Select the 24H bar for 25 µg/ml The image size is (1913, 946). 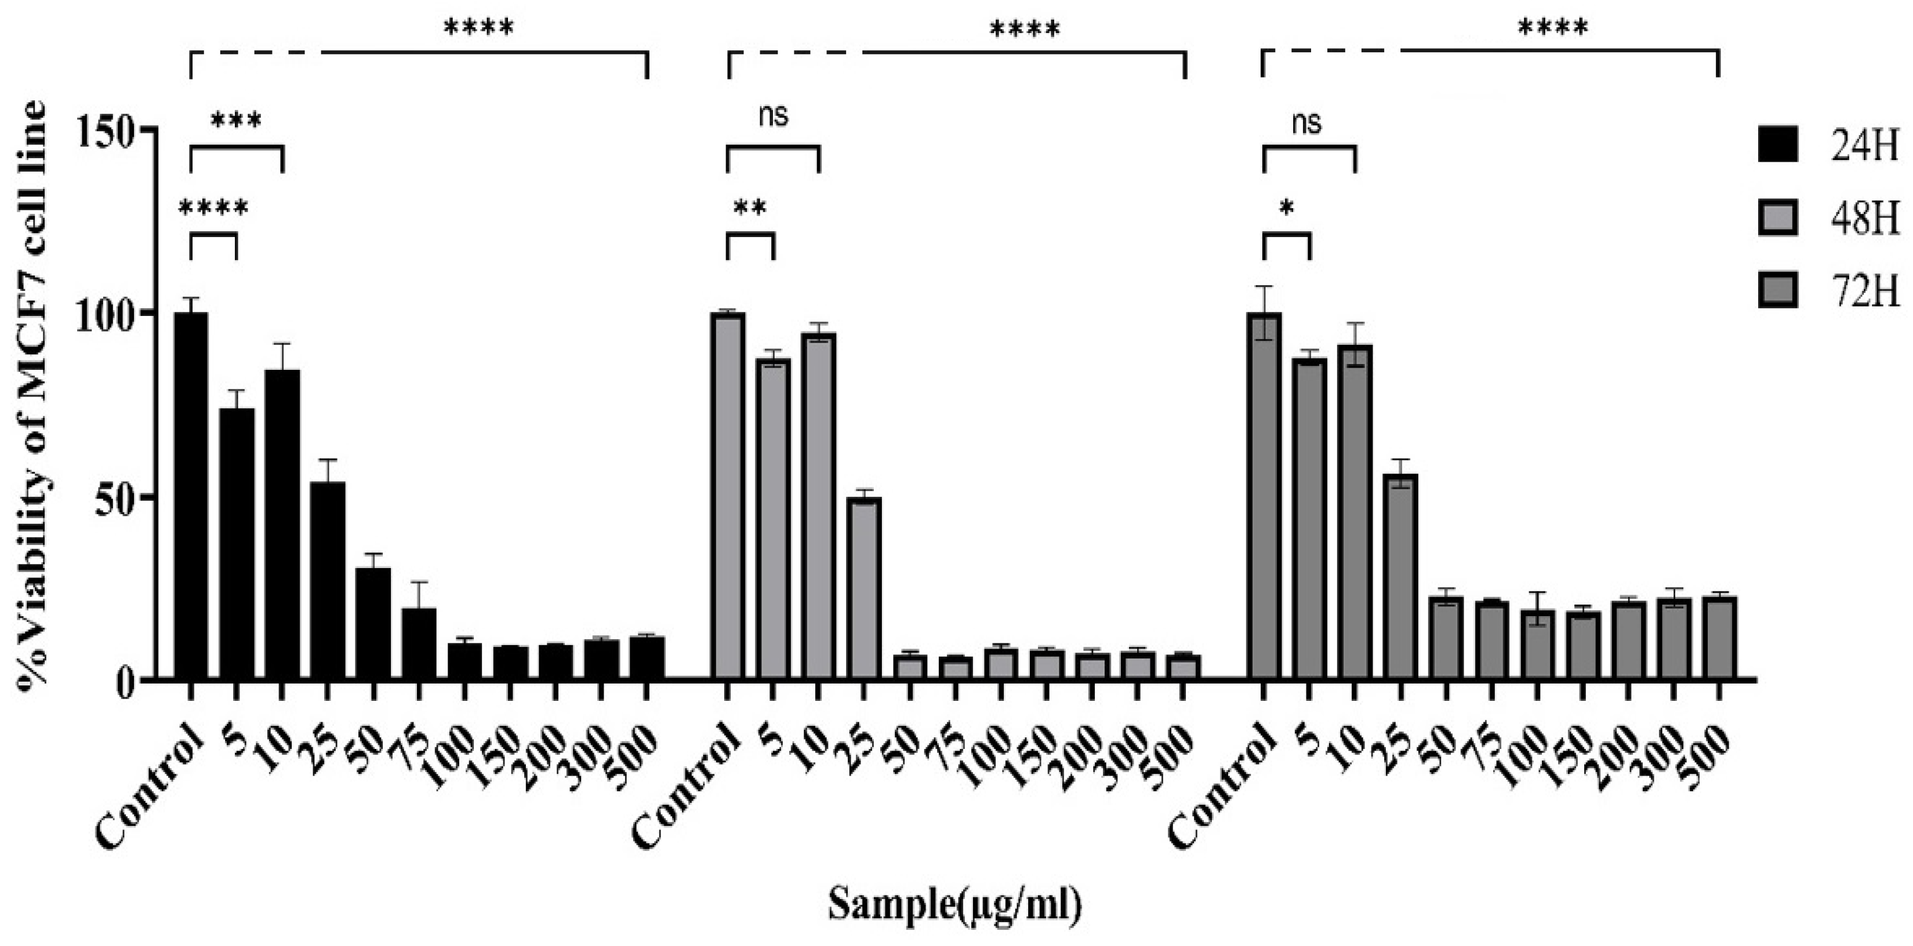pyautogui.click(x=328, y=580)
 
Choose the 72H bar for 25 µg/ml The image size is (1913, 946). pyautogui.click(x=1400, y=576)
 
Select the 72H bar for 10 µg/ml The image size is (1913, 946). pyautogui.click(x=1355, y=512)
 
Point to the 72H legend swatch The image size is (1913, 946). pyautogui.click(x=1778, y=290)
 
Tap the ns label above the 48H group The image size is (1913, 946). pyautogui.click(x=773, y=115)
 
